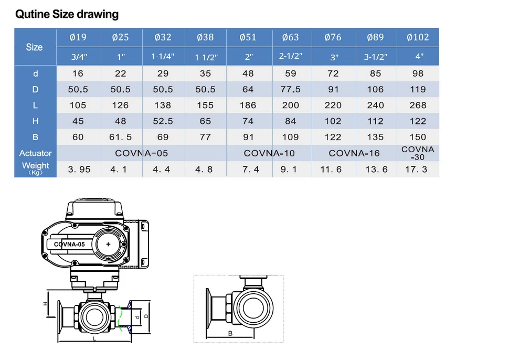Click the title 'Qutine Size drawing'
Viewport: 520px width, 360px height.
[67, 14]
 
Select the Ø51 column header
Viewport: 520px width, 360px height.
[248, 37]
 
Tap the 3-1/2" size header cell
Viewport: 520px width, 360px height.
[375, 57]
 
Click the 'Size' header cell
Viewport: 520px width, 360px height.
[35, 47]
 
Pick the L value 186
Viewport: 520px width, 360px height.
[248, 105]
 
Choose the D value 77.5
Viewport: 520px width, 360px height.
[291, 89]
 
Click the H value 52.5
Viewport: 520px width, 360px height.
[163, 121]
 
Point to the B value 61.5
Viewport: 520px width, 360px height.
[120, 137]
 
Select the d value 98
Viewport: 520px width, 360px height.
[418, 73]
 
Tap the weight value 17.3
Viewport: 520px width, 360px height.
[416, 170]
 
